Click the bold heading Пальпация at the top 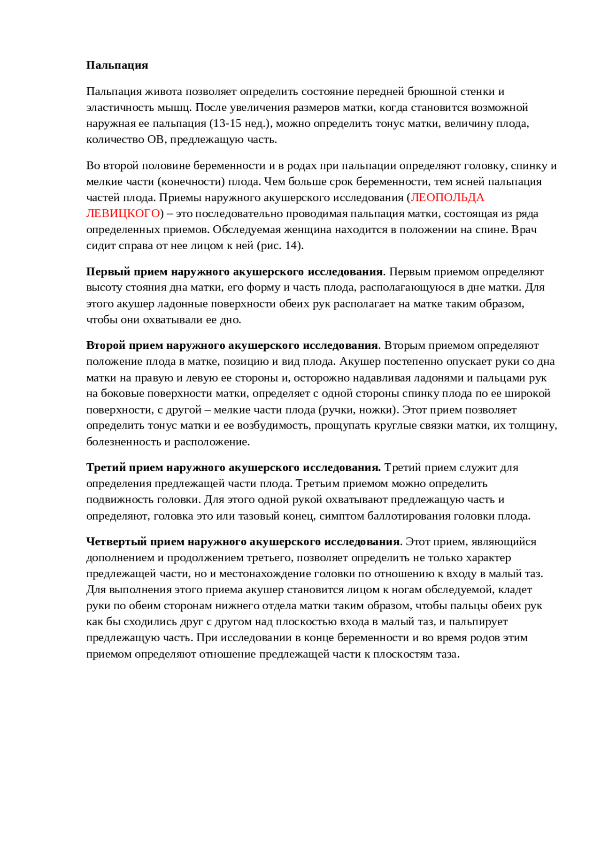pyautogui.click(x=117, y=65)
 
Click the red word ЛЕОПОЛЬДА pyautogui.click(x=447, y=198)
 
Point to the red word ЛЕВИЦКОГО pyautogui.click(x=123, y=214)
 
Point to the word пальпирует pyautogui.click(x=478, y=622)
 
